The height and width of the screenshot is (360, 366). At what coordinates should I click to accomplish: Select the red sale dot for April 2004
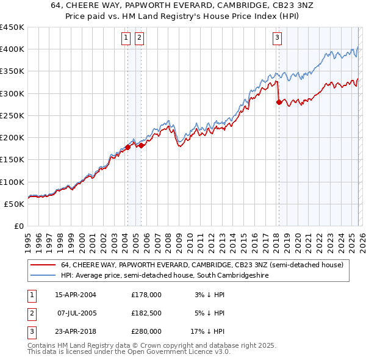[x=128, y=147]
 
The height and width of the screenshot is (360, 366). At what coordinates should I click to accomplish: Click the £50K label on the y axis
[x=15, y=204]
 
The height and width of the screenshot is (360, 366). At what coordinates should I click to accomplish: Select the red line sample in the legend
[x=43, y=265]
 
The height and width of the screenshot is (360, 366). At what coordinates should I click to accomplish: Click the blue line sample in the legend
[x=43, y=276]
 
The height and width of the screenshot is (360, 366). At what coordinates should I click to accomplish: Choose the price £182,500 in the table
[x=146, y=313]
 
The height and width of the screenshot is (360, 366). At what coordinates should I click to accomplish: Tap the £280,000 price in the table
[x=146, y=331]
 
